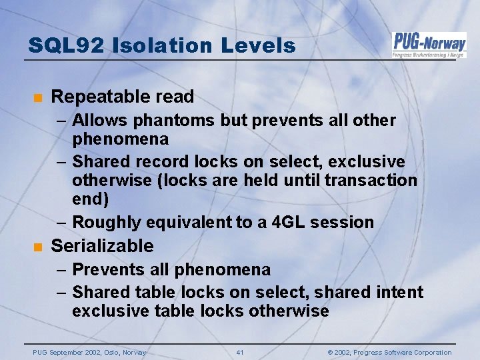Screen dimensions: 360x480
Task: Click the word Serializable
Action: [x=102, y=246]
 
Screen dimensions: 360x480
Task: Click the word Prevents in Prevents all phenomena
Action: [x=106, y=270]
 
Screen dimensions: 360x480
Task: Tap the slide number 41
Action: [x=240, y=352]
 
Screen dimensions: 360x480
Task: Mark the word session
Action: [x=342, y=222]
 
